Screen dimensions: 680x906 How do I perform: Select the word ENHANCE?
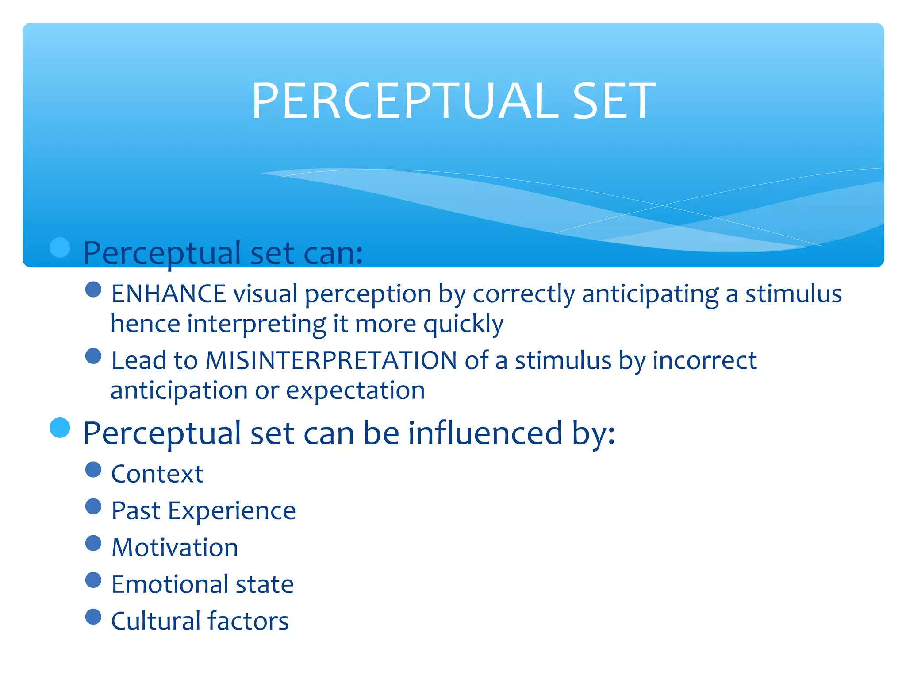[x=169, y=294]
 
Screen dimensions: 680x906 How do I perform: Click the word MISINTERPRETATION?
[x=331, y=360]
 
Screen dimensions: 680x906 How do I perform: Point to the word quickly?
[x=463, y=324]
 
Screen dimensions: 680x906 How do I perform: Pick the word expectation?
[x=355, y=391]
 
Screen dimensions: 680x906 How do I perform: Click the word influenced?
[x=485, y=433]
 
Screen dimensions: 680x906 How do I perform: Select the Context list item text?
[x=157, y=474]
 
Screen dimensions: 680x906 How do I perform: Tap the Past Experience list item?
[x=203, y=511]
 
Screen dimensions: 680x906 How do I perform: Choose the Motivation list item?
[x=175, y=548]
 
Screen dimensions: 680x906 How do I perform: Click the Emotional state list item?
[x=203, y=584]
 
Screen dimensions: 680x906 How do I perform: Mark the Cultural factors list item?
[x=200, y=621]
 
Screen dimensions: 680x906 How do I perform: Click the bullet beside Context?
[x=93, y=470]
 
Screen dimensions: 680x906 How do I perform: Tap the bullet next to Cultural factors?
[x=93, y=617]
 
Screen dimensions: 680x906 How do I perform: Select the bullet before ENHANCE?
[x=93, y=290]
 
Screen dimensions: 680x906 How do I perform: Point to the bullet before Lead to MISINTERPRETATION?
[x=93, y=356]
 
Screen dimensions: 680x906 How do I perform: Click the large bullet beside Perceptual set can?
[x=60, y=247]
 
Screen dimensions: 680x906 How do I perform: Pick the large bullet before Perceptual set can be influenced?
[x=60, y=428]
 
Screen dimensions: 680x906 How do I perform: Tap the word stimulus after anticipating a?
[x=793, y=294]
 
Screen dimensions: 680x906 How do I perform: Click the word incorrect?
[x=704, y=360]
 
